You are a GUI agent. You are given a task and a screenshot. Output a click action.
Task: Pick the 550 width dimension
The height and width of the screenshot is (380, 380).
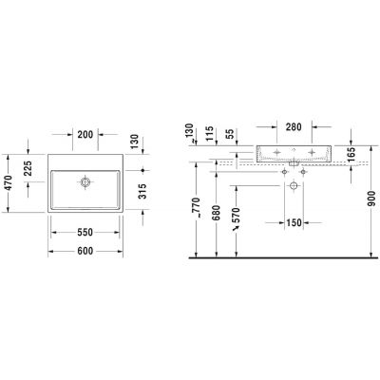(x=85, y=231)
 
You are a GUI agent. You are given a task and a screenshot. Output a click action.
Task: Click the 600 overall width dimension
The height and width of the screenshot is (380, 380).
(x=85, y=250)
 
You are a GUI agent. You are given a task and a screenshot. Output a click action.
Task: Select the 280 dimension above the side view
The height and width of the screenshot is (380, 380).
(x=293, y=126)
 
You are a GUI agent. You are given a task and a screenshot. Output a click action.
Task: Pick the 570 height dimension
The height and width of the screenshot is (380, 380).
(x=237, y=219)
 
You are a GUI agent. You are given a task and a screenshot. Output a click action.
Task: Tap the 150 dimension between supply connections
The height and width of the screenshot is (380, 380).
(x=294, y=223)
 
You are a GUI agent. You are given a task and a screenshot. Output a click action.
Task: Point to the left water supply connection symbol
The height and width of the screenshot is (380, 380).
(x=284, y=172)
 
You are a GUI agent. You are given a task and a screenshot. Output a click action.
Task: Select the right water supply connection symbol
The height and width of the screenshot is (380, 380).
(x=303, y=172)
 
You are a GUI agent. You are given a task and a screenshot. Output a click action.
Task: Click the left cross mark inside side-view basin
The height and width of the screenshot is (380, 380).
(x=276, y=152)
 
